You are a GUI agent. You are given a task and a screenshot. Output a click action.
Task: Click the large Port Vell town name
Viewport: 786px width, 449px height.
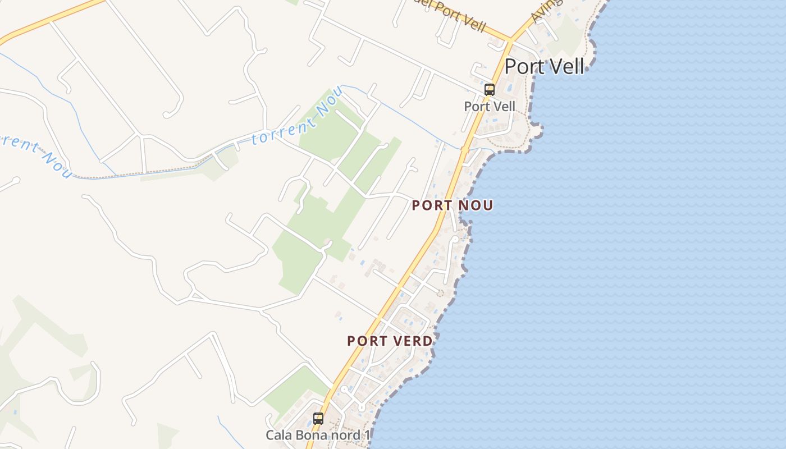[544, 66]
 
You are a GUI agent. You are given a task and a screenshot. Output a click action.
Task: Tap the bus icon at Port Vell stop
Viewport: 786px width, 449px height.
[490, 90]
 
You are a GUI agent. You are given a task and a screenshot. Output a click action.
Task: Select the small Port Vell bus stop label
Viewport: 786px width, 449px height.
[490, 106]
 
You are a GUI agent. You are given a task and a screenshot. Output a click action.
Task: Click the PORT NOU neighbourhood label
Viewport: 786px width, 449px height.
[453, 205]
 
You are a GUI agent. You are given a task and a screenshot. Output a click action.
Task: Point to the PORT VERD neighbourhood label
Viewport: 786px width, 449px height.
[390, 341]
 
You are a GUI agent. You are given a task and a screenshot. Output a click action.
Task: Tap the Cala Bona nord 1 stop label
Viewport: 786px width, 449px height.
[318, 435]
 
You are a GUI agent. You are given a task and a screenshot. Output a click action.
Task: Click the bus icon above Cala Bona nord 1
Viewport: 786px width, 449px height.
[318, 418]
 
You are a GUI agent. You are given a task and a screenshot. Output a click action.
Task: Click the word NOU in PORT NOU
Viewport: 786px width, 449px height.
[476, 205]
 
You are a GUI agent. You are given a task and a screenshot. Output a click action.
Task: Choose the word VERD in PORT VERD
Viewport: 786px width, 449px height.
[413, 341]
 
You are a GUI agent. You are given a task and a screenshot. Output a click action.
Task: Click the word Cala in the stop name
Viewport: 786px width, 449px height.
[278, 435]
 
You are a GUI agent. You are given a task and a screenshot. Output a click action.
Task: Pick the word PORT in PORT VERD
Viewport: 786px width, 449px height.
[365, 341]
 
